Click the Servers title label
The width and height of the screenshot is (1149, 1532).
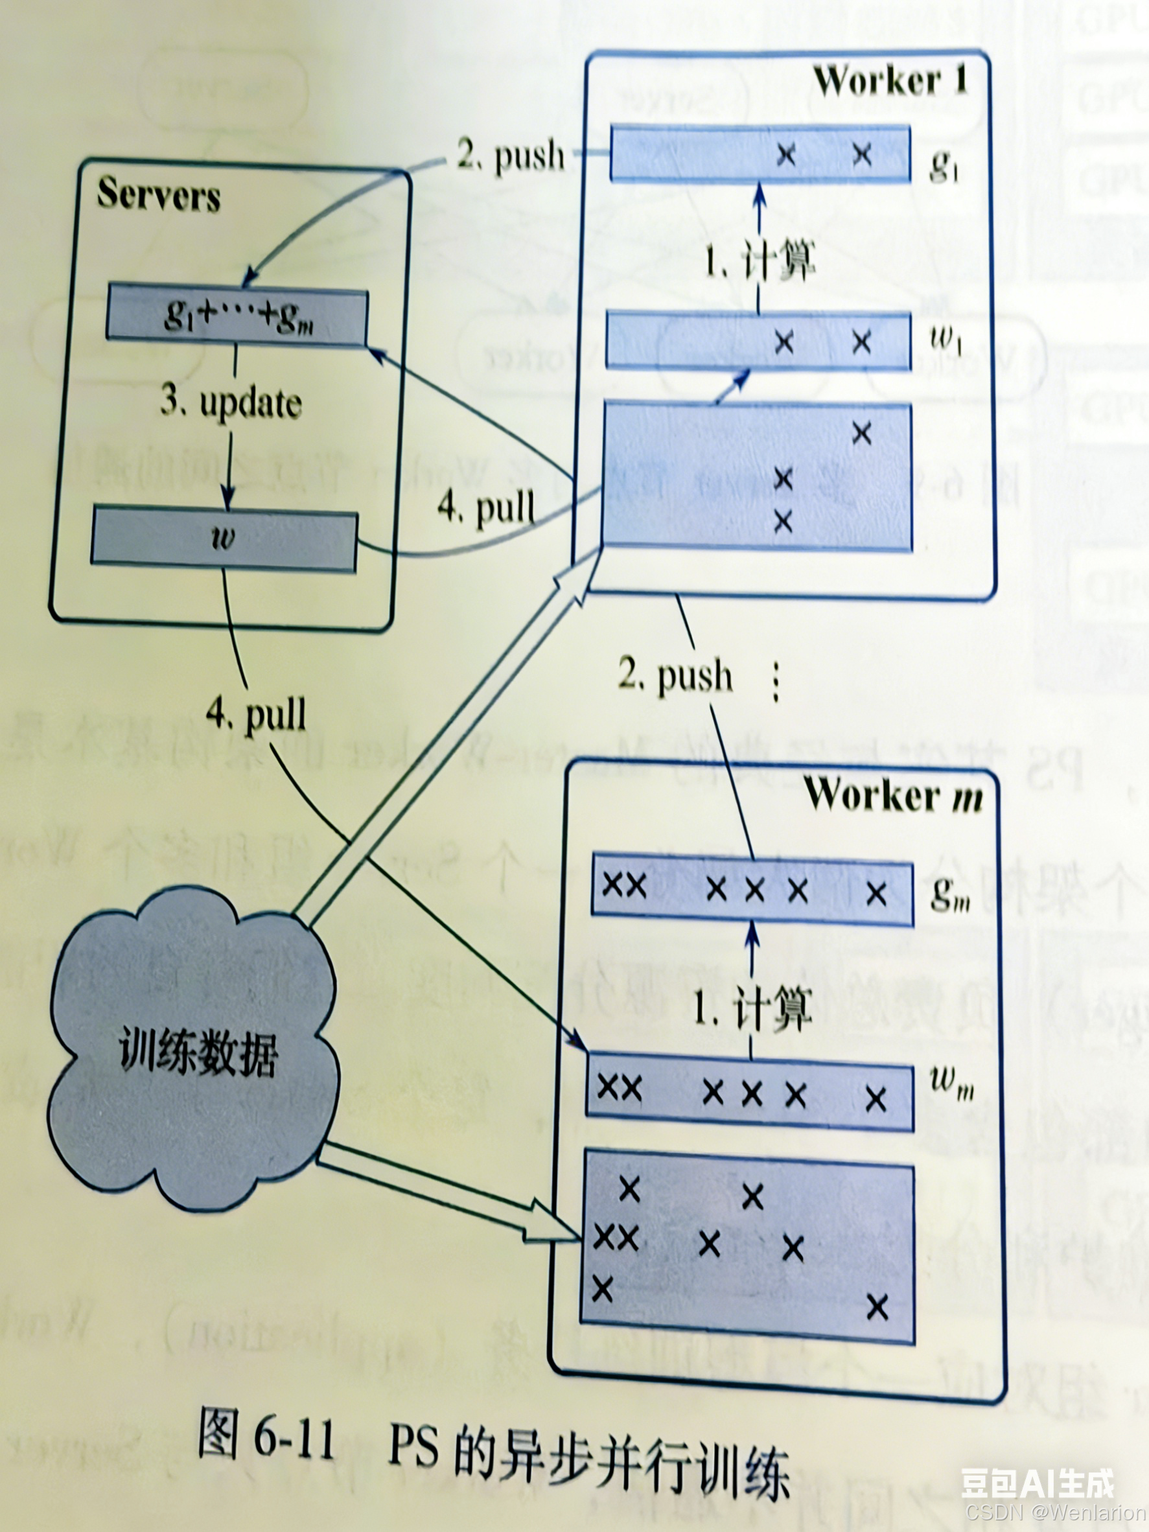159,194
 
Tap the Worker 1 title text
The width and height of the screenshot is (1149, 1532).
890,82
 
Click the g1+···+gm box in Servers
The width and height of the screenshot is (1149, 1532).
237,317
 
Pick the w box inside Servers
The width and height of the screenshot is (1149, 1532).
224,539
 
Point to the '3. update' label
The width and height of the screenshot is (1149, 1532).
231,403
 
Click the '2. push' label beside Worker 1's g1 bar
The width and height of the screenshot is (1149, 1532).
511,155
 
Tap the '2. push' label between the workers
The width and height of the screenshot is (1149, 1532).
675,675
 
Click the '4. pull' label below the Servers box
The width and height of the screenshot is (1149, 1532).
256,714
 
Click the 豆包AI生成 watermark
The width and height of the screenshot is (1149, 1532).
1037,1484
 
